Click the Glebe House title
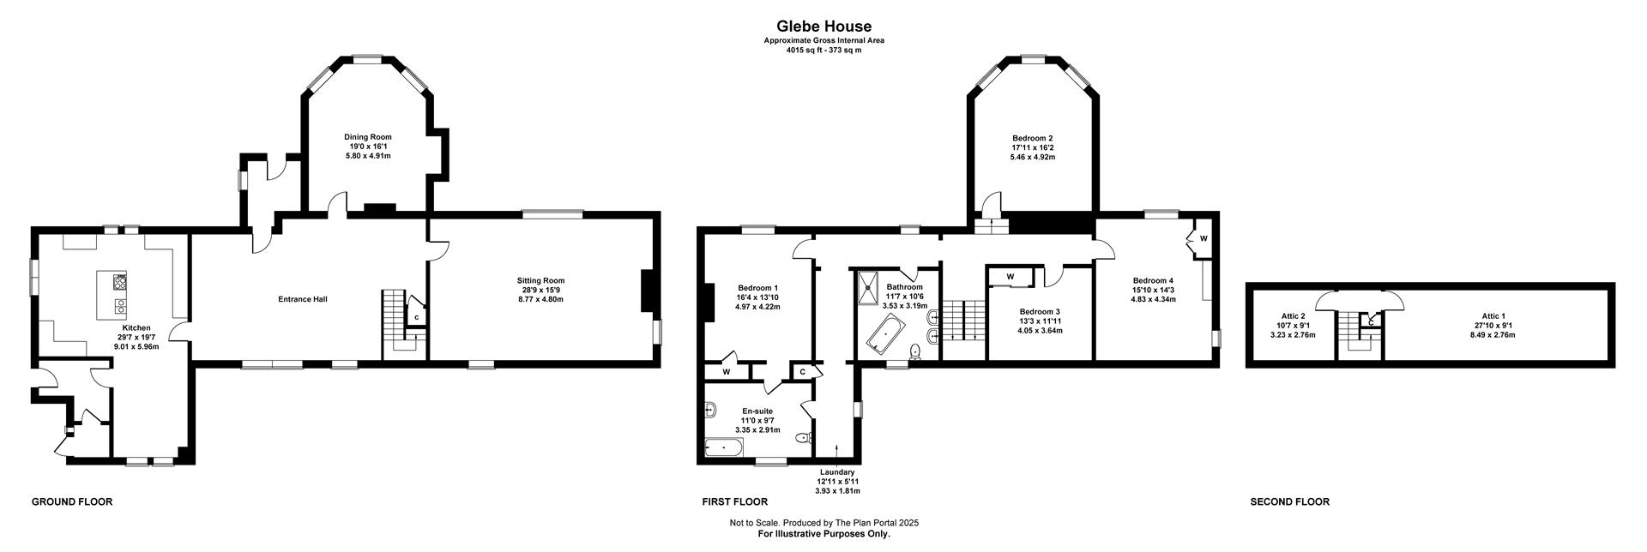tap(823, 27)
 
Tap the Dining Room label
tap(368, 137)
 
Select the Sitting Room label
tap(540, 280)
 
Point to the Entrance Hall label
tap(303, 299)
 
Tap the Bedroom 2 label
tap(1032, 138)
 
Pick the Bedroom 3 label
tap(1040, 311)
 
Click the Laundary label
tap(837, 472)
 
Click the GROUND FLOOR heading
tap(72, 502)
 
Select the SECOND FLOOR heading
tap(1290, 502)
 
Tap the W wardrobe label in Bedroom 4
tap(1204, 238)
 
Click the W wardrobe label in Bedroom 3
tap(1011, 277)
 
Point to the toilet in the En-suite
tap(803, 438)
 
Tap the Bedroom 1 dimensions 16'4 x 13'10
tap(757, 297)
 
